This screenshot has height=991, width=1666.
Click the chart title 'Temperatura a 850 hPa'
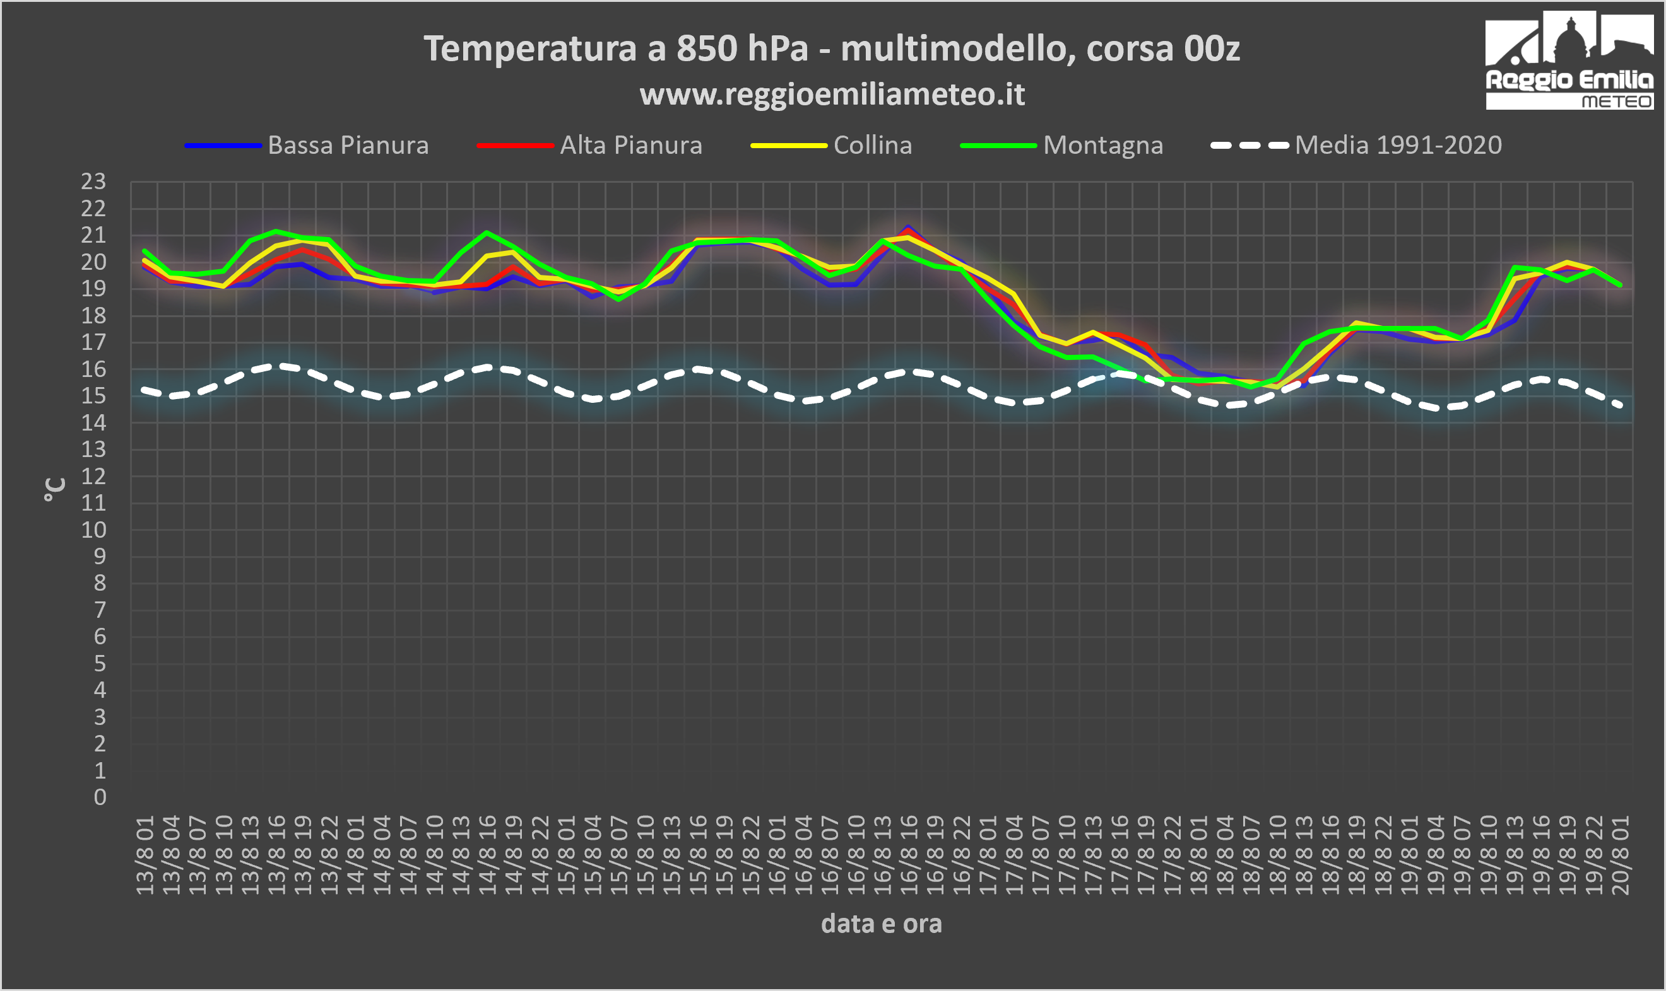point(615,48)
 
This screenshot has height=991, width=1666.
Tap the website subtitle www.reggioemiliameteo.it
point(832,94)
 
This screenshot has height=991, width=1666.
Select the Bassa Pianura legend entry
point(307,145)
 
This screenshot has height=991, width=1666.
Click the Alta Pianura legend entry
point(590,145)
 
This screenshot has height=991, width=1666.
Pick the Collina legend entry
point(831,145)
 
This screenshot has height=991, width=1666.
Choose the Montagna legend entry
point(1062,145)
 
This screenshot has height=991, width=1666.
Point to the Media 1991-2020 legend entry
point(1357,145)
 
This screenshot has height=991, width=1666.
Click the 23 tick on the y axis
point(93,181)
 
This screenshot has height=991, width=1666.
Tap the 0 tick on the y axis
point(100,797)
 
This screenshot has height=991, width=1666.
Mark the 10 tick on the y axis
point(93,530)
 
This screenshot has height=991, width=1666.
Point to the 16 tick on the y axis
point(93,369)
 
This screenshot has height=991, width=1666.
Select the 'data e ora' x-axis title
point(882,924)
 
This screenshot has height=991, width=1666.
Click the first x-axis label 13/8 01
point(145,855)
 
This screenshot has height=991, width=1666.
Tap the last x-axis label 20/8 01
point(1621,855)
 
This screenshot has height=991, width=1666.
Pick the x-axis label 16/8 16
point(909,855)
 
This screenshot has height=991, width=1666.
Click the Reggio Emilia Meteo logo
point(1569,60)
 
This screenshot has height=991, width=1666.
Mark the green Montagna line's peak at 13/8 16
point(276,231)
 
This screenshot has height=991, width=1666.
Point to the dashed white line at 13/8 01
point(145,390)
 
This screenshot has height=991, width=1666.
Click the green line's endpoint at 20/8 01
point(1621,285)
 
